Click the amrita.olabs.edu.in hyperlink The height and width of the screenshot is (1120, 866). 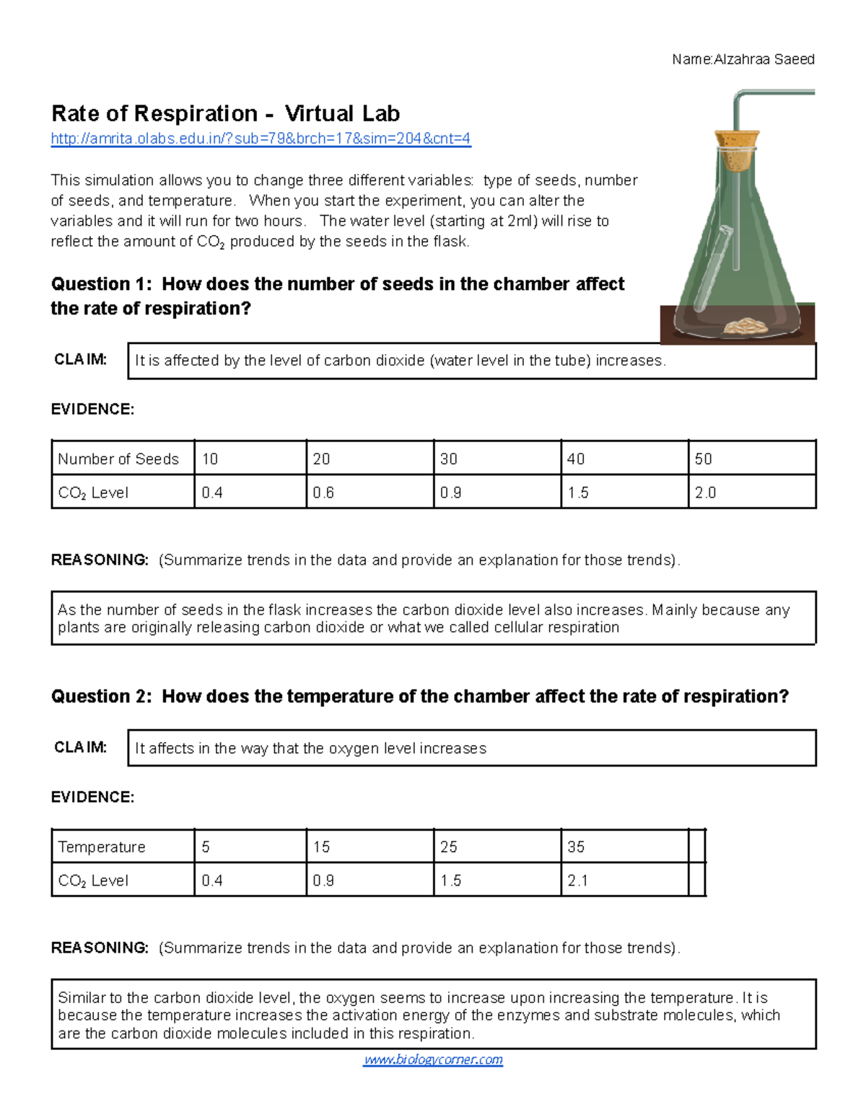pyautogui.click(x=261, y=138)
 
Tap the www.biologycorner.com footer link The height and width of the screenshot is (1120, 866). pyautogui.click(x=433, y=1059)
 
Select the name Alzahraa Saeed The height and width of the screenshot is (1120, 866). pyautogui.click(x=764, y=59)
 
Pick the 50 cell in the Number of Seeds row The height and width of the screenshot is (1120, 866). pyautogui.click(x=751, y=459)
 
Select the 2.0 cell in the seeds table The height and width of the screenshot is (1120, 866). pyautogui.click(x=751, y=493)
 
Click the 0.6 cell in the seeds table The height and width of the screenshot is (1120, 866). pyautogui.click(x=369, y=493)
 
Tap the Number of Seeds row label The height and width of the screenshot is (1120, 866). pyautogui.click(x=118, y=459)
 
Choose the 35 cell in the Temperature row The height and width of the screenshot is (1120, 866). pyautogui.click(x=624, y=847)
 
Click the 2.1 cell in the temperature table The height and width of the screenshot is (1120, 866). pyautogui.click(x=624, y=881)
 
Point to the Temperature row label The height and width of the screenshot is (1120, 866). pyautogui.click(x=102, y=847)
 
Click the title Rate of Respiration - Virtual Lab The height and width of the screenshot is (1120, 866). pyautogui.click(x=225, y=114)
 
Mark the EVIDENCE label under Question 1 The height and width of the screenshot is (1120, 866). pyautogui.click(x=92, y=410)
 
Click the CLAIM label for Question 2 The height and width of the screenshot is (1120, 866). pyautogui.click(x=81, y=747)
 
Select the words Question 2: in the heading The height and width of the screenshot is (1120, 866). pyautogui.click(x=101, y=697)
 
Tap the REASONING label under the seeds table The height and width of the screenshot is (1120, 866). pyautogui.click(x=100, y=560)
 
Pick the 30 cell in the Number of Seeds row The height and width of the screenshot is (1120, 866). pyautogui.click(x=497, y=459)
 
